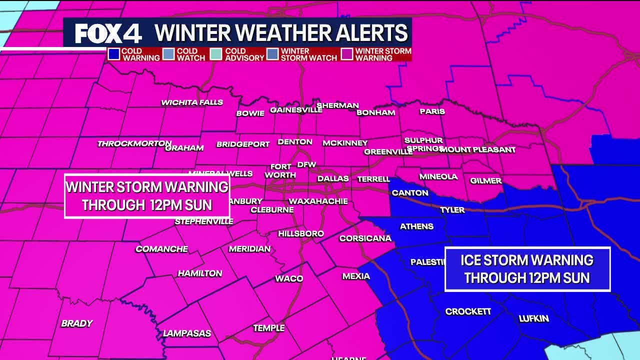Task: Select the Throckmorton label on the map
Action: click(134, 143)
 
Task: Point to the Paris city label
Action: click(432, 111)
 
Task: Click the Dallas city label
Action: click(333, 178)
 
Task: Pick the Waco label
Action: click(289, 278)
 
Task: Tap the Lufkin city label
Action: click(533, 318)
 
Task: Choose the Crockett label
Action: click(468, 311)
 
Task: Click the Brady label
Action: click(77, 323)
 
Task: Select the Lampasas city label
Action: click(187, 333)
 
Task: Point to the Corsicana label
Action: click(365, 238)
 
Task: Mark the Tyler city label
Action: click(452, 210)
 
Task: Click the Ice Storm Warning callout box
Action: click(527, 269)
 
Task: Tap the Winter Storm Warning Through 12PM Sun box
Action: click(147, 196)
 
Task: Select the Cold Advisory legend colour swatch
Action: click(216, 54)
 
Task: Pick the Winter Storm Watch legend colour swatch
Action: click(272, 54)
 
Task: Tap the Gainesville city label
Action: click(296, 110)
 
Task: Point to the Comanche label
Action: click(161, 249)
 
